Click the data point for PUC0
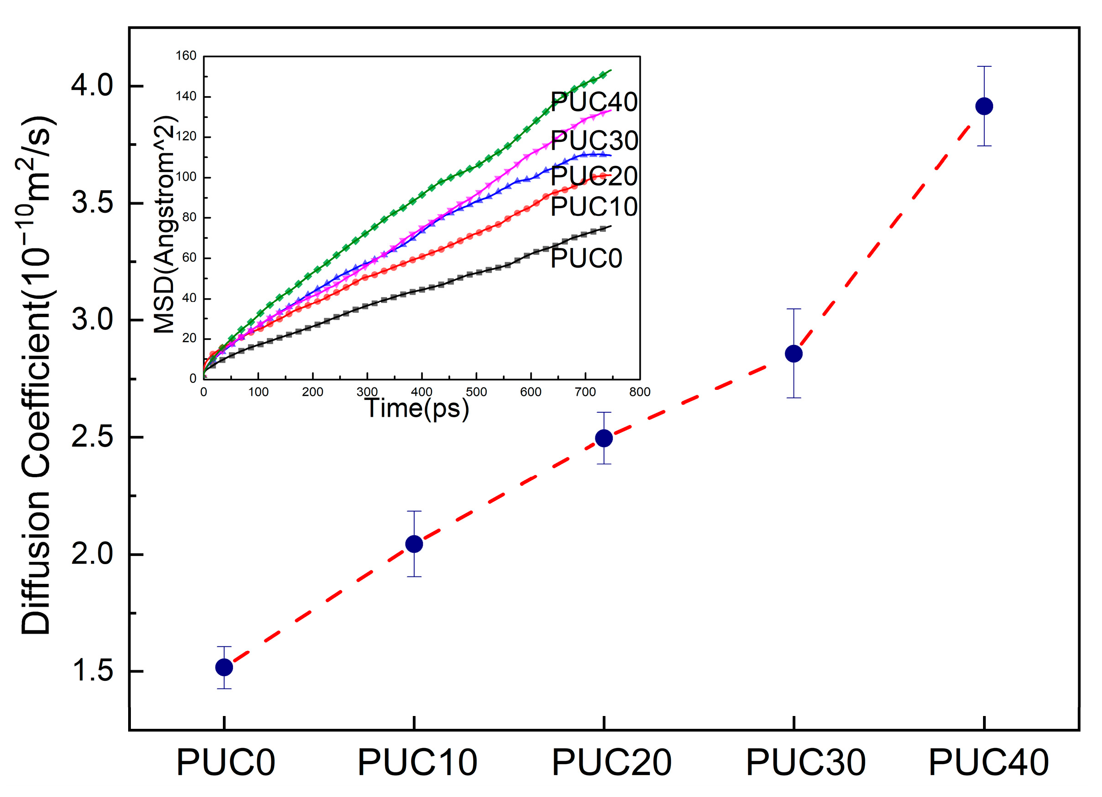click(x=224, y=668)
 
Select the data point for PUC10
click(x=414, y=544)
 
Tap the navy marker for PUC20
click(x=604, y=438)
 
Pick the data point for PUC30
click(x=794, y=354)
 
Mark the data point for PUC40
click(x=984, y=106)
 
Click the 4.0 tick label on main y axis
click(x=92, y=86)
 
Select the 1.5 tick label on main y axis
click(x=92, y=671)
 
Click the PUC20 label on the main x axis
click(x=612, y=763)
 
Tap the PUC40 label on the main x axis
click(x=989, y=763)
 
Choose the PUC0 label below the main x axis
click(x=226, y=763)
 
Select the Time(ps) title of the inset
click(x=417, y=408)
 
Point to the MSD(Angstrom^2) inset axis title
click(x=164, y=224)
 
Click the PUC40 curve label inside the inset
click(x=594, y=102)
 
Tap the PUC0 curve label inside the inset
click(x=586, y=258)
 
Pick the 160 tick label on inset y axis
click(x=186, y=56)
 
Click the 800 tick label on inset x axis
click(x=639, y=392)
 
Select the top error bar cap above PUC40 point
click(x=984, y=66)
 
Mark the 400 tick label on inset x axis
click(x=421, y=392)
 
